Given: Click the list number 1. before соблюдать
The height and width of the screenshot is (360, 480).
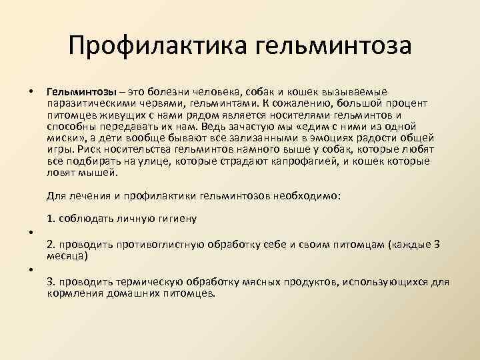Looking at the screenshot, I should pos(51,219).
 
